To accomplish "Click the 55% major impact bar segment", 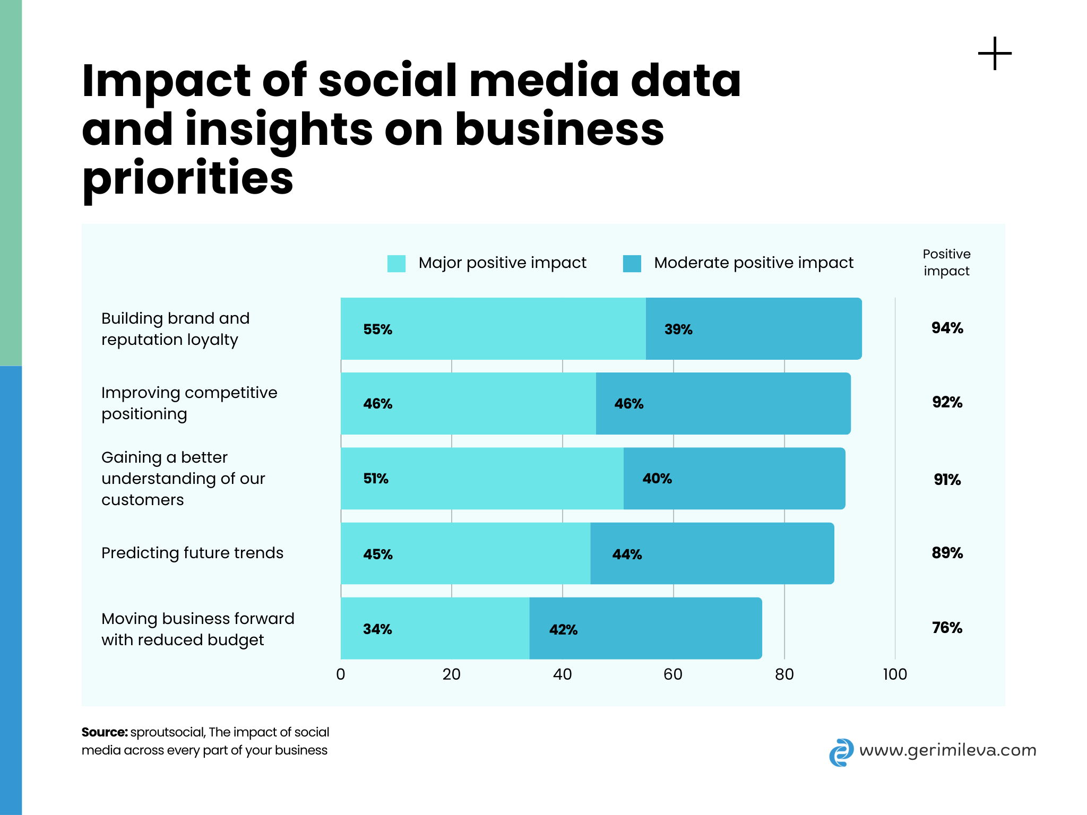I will [493, 328].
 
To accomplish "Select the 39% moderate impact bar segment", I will [754, 328].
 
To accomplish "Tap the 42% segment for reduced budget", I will [645, 628].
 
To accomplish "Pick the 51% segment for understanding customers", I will [482, 478].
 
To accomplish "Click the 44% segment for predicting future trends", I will [712, 553].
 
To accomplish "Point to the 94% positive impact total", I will [947, 328].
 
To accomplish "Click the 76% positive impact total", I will [947, 628].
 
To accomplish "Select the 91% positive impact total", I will [947, 480].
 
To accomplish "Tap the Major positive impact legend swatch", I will [396, 263].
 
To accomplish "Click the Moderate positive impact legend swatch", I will [632, 263].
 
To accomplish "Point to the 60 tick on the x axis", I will [673, 674].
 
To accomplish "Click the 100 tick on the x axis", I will [895, 674].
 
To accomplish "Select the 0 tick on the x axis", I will [341, 674].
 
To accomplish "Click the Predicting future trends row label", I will [192, 553].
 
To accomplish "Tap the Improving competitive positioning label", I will [189, 403].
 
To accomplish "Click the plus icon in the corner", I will [995, 54].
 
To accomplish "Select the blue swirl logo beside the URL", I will [841, 752].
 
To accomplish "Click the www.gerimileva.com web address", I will [947, 750].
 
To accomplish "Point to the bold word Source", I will [105, 732].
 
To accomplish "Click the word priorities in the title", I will [188, 178].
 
